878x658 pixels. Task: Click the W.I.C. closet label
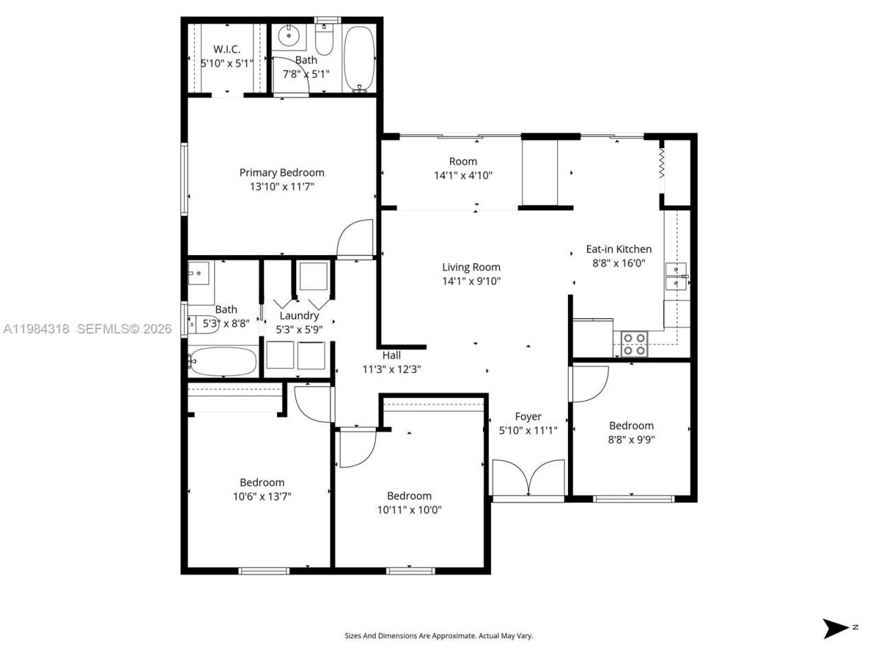[226, 49]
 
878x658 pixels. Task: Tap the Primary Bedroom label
[281, 173]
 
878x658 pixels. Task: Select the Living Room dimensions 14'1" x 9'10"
[471, 281]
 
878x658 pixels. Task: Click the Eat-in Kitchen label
[618, 249]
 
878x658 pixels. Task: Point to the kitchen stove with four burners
[634, 343]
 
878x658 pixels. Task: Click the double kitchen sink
[676, 276]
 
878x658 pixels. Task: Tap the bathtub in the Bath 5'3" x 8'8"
[223, 361]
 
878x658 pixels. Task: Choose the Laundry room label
[298, 316]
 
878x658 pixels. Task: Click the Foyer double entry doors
[528, 478]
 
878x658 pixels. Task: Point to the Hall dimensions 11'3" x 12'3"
[391, 369]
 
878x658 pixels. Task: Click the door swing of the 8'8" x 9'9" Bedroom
[589, 385]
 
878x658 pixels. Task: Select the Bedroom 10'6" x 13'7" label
[262, 483]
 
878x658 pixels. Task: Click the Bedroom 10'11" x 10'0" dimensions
[409, 510]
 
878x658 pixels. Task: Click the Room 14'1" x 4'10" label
[463, 162]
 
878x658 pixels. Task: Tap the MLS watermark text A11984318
[36, 329]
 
